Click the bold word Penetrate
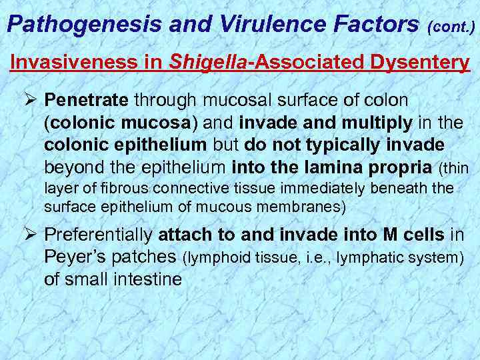point(87,101)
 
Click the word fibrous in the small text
point(131,189)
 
